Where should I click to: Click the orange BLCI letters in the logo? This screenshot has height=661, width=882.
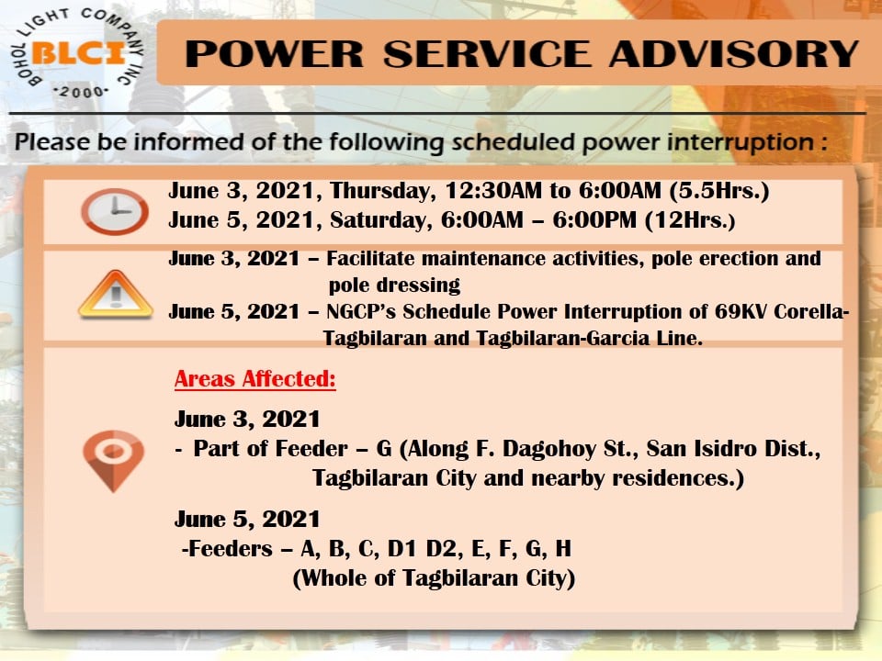(x=79, y=54)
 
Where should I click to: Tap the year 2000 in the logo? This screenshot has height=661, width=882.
(x=81, y=92)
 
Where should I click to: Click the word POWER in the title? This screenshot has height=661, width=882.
(x=275, y=54)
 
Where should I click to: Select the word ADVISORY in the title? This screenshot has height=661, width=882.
(x=733, y=54)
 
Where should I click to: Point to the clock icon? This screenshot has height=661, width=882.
(x=115, y=211)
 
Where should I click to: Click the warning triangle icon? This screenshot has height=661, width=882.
(x=116, y=295)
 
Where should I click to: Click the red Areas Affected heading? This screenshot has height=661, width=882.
(x=254, y=379)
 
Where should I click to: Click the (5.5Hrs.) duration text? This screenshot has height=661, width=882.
(x=718, y=191)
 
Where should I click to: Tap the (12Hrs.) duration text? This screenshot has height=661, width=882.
(x=690, y=219)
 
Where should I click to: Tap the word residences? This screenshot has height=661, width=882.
(x=678, y=477)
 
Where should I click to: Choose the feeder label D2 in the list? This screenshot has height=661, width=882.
(x=441, y=548)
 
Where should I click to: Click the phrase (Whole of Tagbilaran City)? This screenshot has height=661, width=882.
(x=434, y=578)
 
